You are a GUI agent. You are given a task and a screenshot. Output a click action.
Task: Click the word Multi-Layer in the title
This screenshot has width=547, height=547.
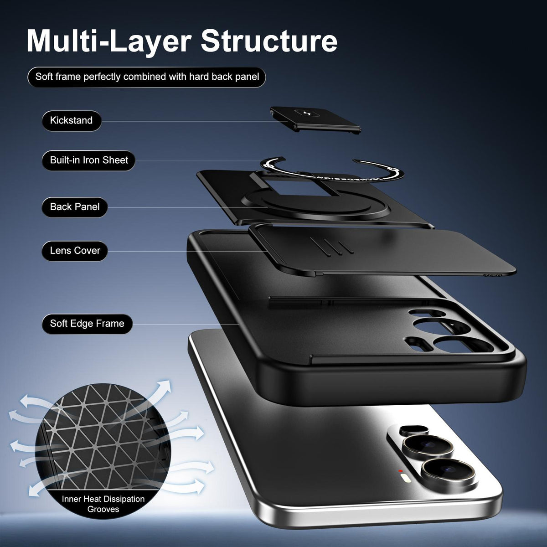pos(109,42)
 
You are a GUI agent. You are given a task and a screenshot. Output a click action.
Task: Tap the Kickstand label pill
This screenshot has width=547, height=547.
pos(72,121)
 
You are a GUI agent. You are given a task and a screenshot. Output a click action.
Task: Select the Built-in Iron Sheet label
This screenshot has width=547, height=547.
pos(88,160)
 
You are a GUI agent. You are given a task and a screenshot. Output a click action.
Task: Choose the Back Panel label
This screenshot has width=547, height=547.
pos(75,207)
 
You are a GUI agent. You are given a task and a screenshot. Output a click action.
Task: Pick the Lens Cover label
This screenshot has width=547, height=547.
pos(75,251)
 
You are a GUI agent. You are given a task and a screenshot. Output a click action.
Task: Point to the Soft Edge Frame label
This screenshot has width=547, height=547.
pos(87,324)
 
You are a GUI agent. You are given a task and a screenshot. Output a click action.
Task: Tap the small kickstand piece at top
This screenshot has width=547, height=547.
pos(315,119)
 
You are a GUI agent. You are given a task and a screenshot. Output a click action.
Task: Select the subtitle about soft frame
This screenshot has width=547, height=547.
pos(147,77)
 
